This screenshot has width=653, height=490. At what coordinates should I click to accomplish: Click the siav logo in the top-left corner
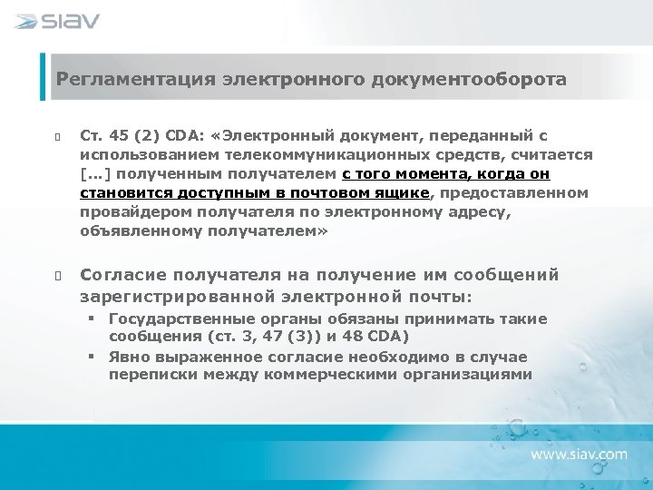(x=57, y=21)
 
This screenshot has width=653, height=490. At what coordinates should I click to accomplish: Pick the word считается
(x=553, y=155)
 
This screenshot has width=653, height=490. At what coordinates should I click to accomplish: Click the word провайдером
(x=131, y=211)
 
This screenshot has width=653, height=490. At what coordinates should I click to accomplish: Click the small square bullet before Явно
(x=93, y=357)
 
